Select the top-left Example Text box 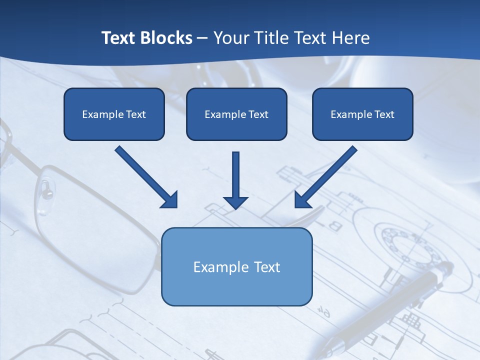pos(114,114)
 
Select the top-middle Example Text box pos(236,114)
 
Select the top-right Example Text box pos(362,114)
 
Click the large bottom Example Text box pos(236,266)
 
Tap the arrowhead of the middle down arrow pos(235,202)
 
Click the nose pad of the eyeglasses pos(46,189)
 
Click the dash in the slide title pos(203,38)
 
